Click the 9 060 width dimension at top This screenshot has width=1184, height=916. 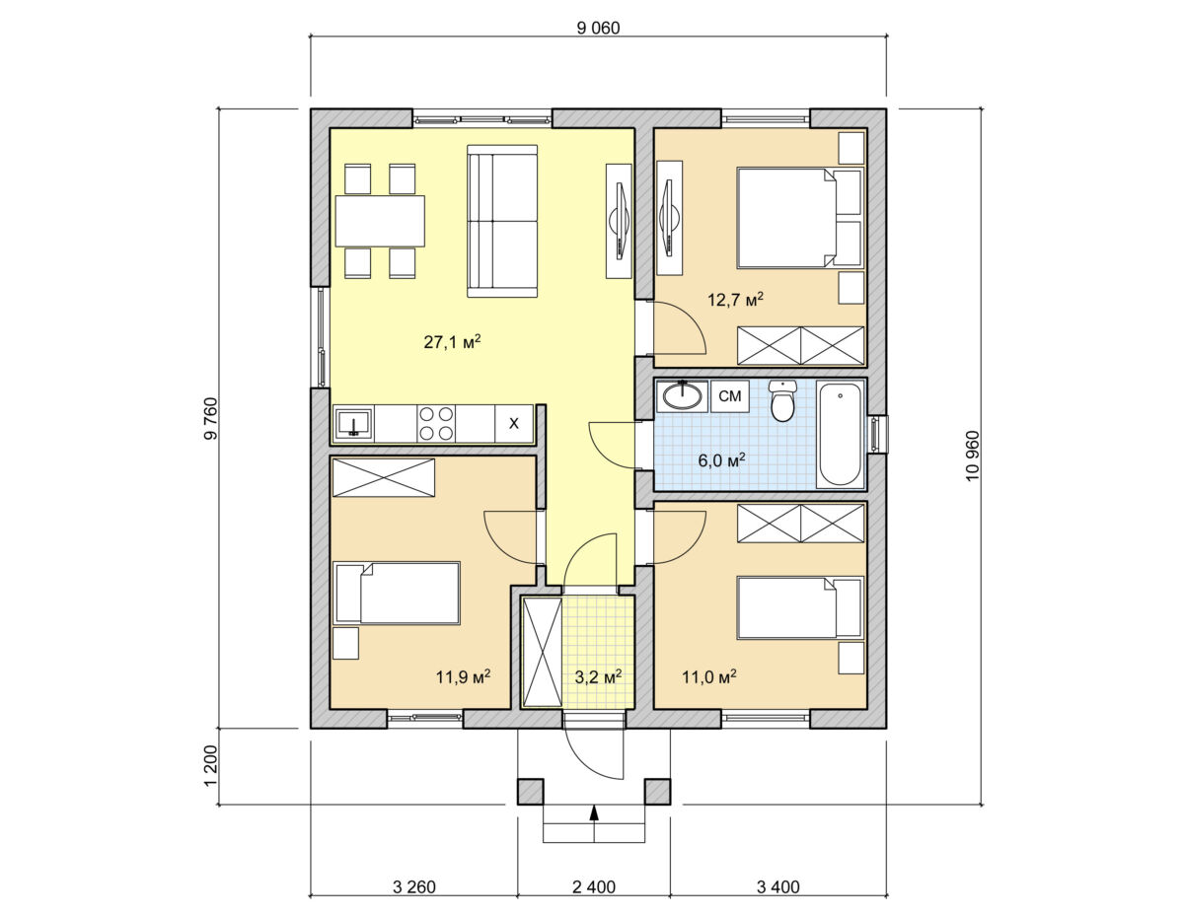(598, 28)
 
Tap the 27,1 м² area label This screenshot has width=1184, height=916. (452, 341)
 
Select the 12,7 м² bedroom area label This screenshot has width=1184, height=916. (735, 299)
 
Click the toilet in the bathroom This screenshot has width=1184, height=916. (782, 400)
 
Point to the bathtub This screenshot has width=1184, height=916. (840, 434)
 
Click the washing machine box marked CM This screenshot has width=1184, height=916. (729, 395)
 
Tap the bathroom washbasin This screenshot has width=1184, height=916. (682, 395)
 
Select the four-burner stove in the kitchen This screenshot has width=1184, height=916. (436, 423)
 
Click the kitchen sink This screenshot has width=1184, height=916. (353, 423)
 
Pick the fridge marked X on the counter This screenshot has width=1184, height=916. (513, 423)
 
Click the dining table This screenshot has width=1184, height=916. (380, 221)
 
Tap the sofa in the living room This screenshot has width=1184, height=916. (502, 221)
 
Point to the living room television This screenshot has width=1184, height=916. (620, 221)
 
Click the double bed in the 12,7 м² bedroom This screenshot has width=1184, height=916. (800, 218)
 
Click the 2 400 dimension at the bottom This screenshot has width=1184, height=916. (594, 886)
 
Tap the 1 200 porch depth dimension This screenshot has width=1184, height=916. (211, 765)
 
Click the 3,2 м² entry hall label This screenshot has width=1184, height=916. (598, 677)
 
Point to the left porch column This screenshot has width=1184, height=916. (530, 792)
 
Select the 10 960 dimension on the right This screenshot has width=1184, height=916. (972, 456)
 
